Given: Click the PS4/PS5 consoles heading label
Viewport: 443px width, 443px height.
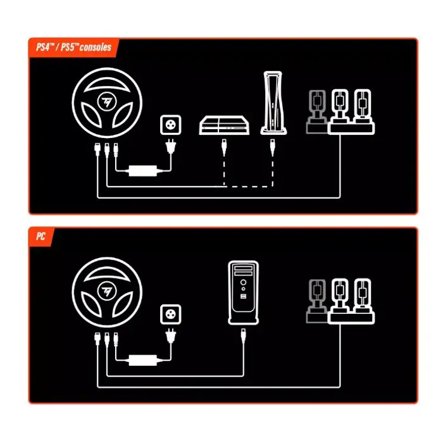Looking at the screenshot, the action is tap(74, 47).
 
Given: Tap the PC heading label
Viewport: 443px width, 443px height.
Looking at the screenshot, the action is tap(41, 236).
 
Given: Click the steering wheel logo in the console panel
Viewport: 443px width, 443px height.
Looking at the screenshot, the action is tap(107, 101).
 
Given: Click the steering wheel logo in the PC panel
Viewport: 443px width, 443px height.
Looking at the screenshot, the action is tap(107, 291).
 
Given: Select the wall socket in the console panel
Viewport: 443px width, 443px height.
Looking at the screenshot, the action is tap(171, 125).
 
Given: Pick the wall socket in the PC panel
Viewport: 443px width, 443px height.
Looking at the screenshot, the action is tap(171, 314).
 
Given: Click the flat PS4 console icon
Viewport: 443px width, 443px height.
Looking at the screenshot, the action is tap(224, 125).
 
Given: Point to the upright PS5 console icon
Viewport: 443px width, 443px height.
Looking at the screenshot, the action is tap(273, 103).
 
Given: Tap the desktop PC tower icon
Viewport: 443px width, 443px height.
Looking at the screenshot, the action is tap(243, 292).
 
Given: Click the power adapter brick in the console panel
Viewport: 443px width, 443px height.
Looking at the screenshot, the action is tap(142, 171).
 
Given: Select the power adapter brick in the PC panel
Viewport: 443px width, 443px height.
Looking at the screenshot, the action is tap(142, 360).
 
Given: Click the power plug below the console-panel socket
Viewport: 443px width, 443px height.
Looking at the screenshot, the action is tap(171, 146).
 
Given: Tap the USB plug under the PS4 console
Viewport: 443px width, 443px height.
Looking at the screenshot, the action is tap(224, 147).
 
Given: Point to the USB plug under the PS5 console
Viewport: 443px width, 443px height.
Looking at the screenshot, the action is tap(273, 147).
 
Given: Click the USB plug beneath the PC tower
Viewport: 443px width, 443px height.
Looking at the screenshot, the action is tap(243, 337).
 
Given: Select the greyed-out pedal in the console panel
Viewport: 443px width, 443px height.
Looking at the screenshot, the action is tap(317, 111).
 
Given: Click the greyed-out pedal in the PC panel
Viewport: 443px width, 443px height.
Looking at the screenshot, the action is tap(317, 301).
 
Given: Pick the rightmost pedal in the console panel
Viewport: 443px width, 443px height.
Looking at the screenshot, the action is tap(363, 107).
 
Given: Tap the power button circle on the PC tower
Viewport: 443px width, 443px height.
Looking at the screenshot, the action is tap(243, 282).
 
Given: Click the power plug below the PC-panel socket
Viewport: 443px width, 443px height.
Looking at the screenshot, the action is tap(171, 336).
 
